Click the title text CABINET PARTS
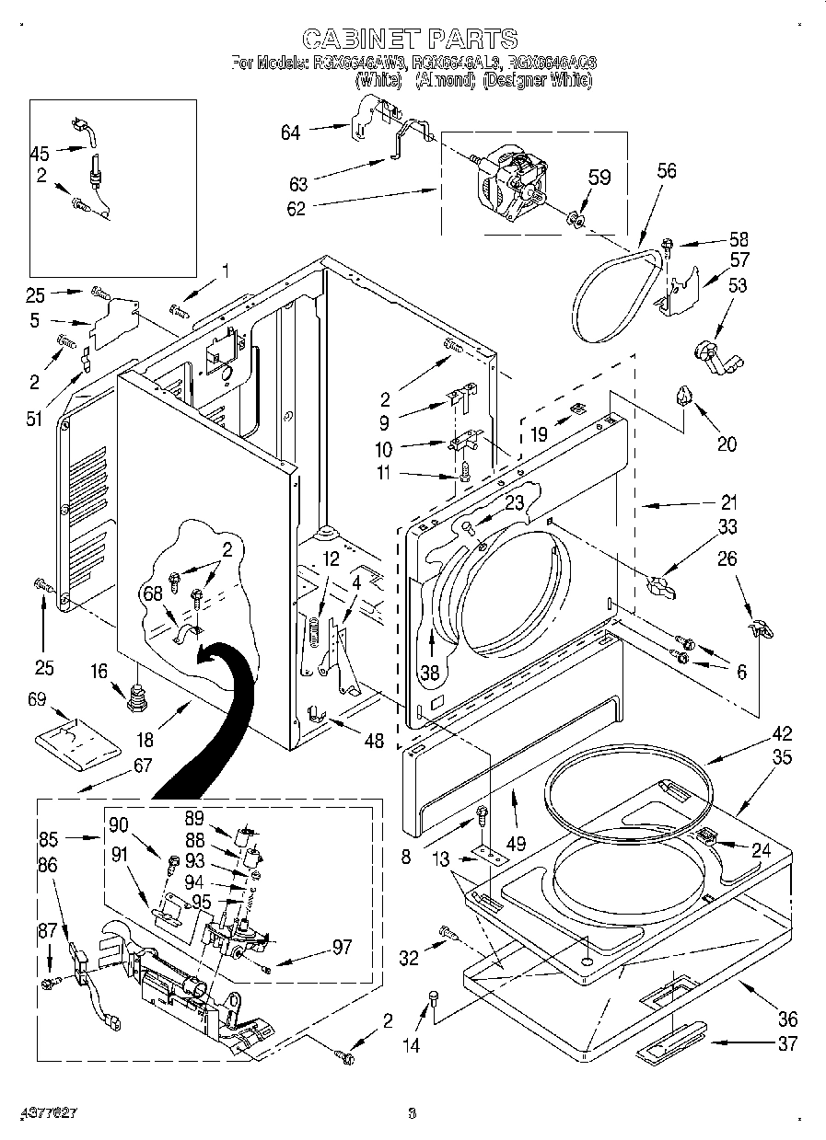410,38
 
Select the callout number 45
39,153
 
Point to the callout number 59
599,177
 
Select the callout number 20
727,443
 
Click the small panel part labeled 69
71,735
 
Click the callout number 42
782,734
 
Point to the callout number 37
786,1043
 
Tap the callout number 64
291,132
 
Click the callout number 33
727,527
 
